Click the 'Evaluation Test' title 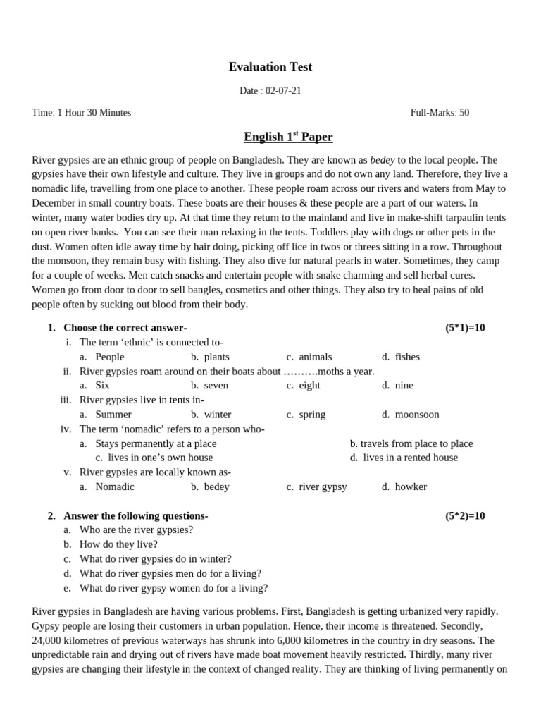(x=270, y=67)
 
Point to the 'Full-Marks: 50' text (x=440, y=113)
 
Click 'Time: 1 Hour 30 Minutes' (x=82, y=113)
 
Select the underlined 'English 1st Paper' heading (x=288, y=137)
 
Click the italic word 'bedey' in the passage (x=382, y=160)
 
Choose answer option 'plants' (x=216, y=357)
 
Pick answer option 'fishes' (x=406, y=357)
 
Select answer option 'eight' (x=309, y=386)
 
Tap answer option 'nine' (x=404, y=386)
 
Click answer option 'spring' (x=312, y=415)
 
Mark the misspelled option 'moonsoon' (x=416, y=415)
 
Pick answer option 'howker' (x=411, y=487)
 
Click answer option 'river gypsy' (x=323, y=487)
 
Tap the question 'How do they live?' (x=118, y=544)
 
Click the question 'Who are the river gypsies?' (x=136, y=530)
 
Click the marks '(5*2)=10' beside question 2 (x=465, y=515)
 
